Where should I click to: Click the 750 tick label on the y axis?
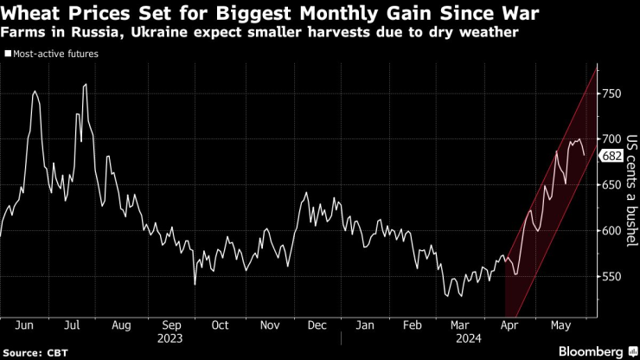tap(612, 93)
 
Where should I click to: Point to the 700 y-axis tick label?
tap(612, 138)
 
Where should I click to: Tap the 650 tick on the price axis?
tap(612, 184)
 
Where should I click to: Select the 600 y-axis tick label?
tap(612, 231)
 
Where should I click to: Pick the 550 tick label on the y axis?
tap(612, 277)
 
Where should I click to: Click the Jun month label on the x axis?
tap(24, 325)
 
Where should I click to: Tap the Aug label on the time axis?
tap(121, 325)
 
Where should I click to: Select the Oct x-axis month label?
tap(220, 325)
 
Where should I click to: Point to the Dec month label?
tap(317, 325)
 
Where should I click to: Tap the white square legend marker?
tap(9, 54)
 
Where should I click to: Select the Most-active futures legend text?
tap(55, 54)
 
